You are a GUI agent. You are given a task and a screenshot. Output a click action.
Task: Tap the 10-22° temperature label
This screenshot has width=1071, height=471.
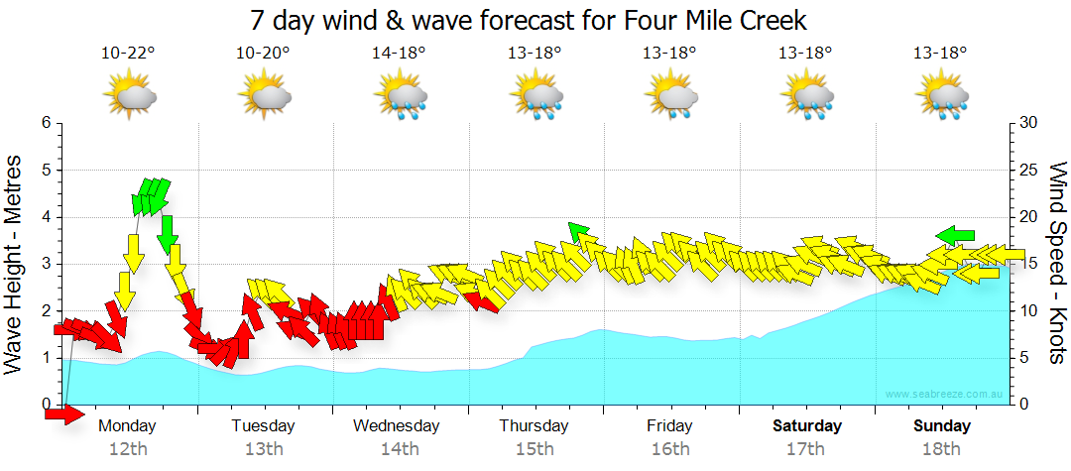[128, 54]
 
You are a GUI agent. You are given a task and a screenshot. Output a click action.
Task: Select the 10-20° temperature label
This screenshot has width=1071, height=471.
[263, 54]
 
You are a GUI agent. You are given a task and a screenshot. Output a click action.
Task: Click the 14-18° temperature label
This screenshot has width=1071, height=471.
[399, 54]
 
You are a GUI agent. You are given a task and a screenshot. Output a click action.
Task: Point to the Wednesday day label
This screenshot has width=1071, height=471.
[397, 426]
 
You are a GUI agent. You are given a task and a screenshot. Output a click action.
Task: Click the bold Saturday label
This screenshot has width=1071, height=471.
[807, 426]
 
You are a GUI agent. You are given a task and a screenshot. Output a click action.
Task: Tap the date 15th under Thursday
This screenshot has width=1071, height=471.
[535, 449]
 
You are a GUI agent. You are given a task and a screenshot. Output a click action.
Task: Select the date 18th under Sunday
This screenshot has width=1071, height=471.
[942, 449]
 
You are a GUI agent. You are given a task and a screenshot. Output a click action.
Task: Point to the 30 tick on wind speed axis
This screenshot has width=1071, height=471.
[1027, 123]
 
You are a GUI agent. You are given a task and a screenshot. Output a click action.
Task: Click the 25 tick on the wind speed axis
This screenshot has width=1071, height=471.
[1027, 170]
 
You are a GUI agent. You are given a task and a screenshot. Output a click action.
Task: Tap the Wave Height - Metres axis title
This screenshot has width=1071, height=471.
[16, 264]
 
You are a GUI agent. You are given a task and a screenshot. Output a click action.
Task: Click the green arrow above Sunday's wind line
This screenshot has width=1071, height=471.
[955, 235]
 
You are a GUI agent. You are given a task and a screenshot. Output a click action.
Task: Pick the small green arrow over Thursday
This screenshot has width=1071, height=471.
[579, 233]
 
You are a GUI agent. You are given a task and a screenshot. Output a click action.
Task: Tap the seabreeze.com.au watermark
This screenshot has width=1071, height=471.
[945, 395]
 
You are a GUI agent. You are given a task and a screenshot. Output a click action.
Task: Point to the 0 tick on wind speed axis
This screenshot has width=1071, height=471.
[1022, 405]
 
